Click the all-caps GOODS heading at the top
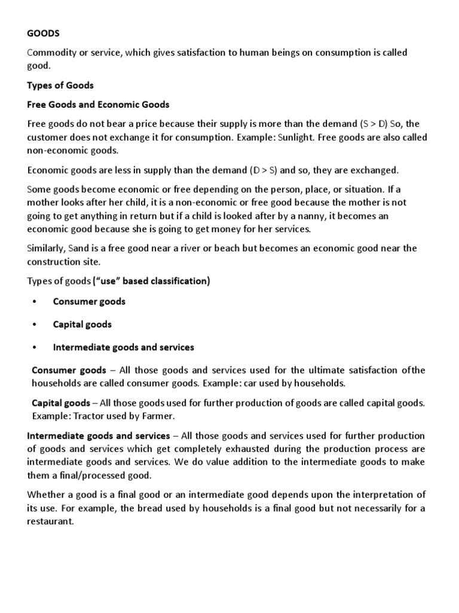point(42,34)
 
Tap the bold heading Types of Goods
point(60,85)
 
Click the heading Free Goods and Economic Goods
point(98,105)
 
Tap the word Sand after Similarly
point(81,248)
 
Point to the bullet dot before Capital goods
point(36,324)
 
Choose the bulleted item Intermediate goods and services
point(123,347)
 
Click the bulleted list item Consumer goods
point(89,302)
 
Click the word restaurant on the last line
point(50,521)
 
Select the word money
point(210,229)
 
